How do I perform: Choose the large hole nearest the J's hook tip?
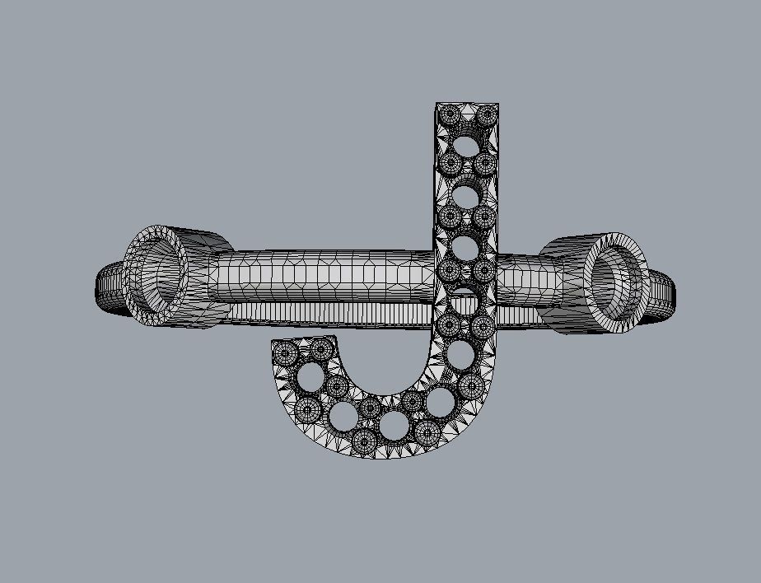coord(311,380)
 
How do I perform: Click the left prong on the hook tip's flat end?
coord(286,353)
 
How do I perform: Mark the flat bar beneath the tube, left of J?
coord(329,313)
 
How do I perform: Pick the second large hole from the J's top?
coord(466,197)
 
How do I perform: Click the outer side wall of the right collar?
coord(568,247)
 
